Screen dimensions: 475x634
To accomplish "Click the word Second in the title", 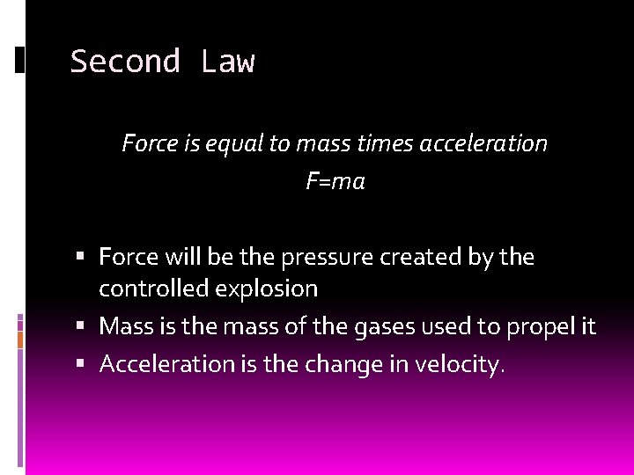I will coord(124,62).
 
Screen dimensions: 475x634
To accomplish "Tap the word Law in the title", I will coord(227,62).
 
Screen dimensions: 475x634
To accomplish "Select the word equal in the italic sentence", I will coord(232,143).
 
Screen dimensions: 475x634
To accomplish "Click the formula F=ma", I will coord(335,182).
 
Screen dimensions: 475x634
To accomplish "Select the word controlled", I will coord(151,288).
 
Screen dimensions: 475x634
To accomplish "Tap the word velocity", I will coord(458,364).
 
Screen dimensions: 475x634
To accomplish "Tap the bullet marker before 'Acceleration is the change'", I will coord(80,363).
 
